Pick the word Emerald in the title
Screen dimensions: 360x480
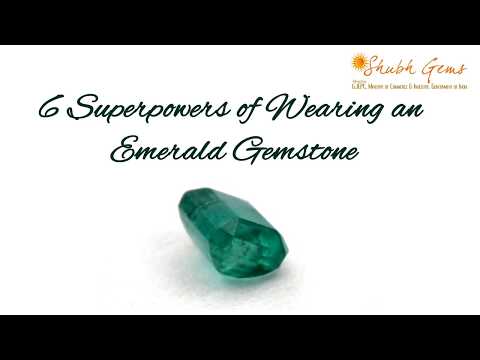[165, 152]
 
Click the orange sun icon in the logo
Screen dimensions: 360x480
[359, 64]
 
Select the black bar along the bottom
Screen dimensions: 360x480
[240, 337]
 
